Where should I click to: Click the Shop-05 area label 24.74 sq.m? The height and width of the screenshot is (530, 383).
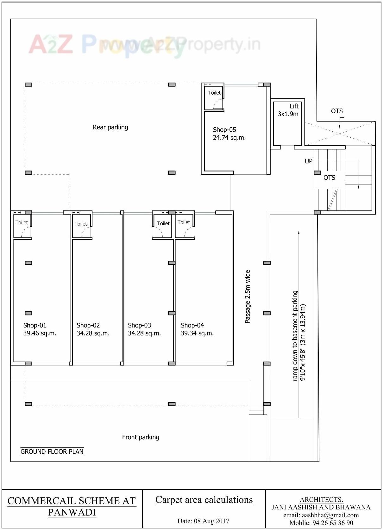pos(229,134)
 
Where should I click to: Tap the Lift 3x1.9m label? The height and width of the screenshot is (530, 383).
pos(288,110)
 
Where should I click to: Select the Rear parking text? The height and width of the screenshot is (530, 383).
pos(110,127)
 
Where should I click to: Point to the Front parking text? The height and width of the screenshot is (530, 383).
pos(141,437)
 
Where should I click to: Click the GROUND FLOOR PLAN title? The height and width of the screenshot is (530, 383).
pos(52,452)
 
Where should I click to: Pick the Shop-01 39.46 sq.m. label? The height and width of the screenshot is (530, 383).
pos(40,329)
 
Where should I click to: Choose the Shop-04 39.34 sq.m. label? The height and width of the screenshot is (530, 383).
pos(197,329)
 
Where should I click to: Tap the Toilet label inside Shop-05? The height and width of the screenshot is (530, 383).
pos(214,93)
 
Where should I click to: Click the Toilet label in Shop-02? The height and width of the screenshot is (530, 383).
pos(81,224)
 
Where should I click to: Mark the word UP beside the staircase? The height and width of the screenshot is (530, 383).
pos(309,161)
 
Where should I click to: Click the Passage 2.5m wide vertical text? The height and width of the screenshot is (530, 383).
pos(248,296)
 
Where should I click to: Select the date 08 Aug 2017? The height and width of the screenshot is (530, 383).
pos(203,521)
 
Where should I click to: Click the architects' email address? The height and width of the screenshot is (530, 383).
pos(321,515)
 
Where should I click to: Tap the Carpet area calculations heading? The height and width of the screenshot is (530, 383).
pos(204,500)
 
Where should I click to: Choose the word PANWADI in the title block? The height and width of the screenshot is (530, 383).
pos(72,512)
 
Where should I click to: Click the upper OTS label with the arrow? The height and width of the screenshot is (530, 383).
pos(337,111)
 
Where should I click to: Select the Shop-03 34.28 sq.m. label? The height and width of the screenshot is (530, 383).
pos(144,329)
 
